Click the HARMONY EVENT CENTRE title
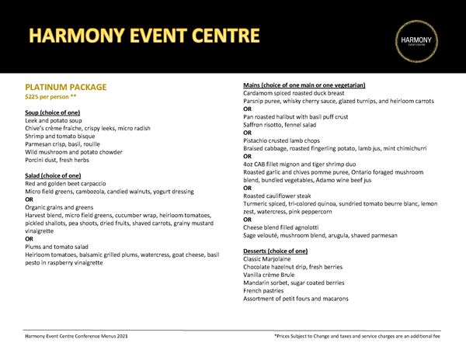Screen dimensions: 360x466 [144, 36]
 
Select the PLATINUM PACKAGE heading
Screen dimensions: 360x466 [66, 87]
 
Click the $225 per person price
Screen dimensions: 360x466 [51, 97]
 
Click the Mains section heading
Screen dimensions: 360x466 [304, 85]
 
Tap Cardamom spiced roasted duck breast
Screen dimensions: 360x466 [300, 92]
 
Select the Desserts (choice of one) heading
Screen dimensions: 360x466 [275, 251]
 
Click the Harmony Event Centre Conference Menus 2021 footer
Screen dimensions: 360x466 [76, 336]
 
